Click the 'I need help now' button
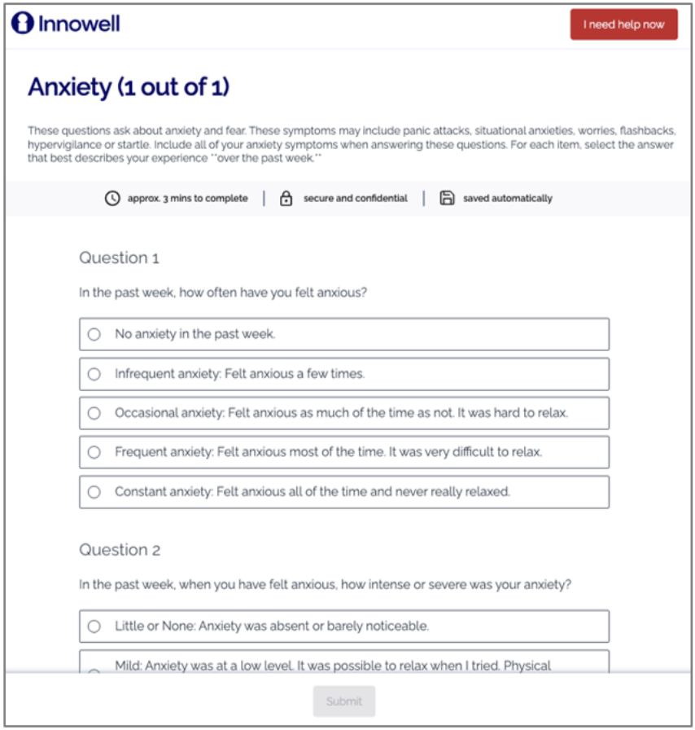pos(623,24)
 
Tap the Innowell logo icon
pos(22,24)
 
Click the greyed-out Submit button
pos(343,701)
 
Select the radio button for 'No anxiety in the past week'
pos(94,334)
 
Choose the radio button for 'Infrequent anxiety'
pos(94,374)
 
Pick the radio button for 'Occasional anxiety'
pos(94,413)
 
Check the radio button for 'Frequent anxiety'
pos(94,452)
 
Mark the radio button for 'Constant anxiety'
pos(94,492)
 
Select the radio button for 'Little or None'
pos(94,626)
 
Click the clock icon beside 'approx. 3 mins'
pos(112,198)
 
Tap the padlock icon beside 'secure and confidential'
pos(286,198)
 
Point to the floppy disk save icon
pos(447,198)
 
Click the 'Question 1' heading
pos(119,258)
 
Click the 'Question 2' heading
pos(120,550)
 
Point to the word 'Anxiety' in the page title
pos(70,87)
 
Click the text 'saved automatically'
pos(508,198)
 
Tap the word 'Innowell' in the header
pos(79,24)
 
